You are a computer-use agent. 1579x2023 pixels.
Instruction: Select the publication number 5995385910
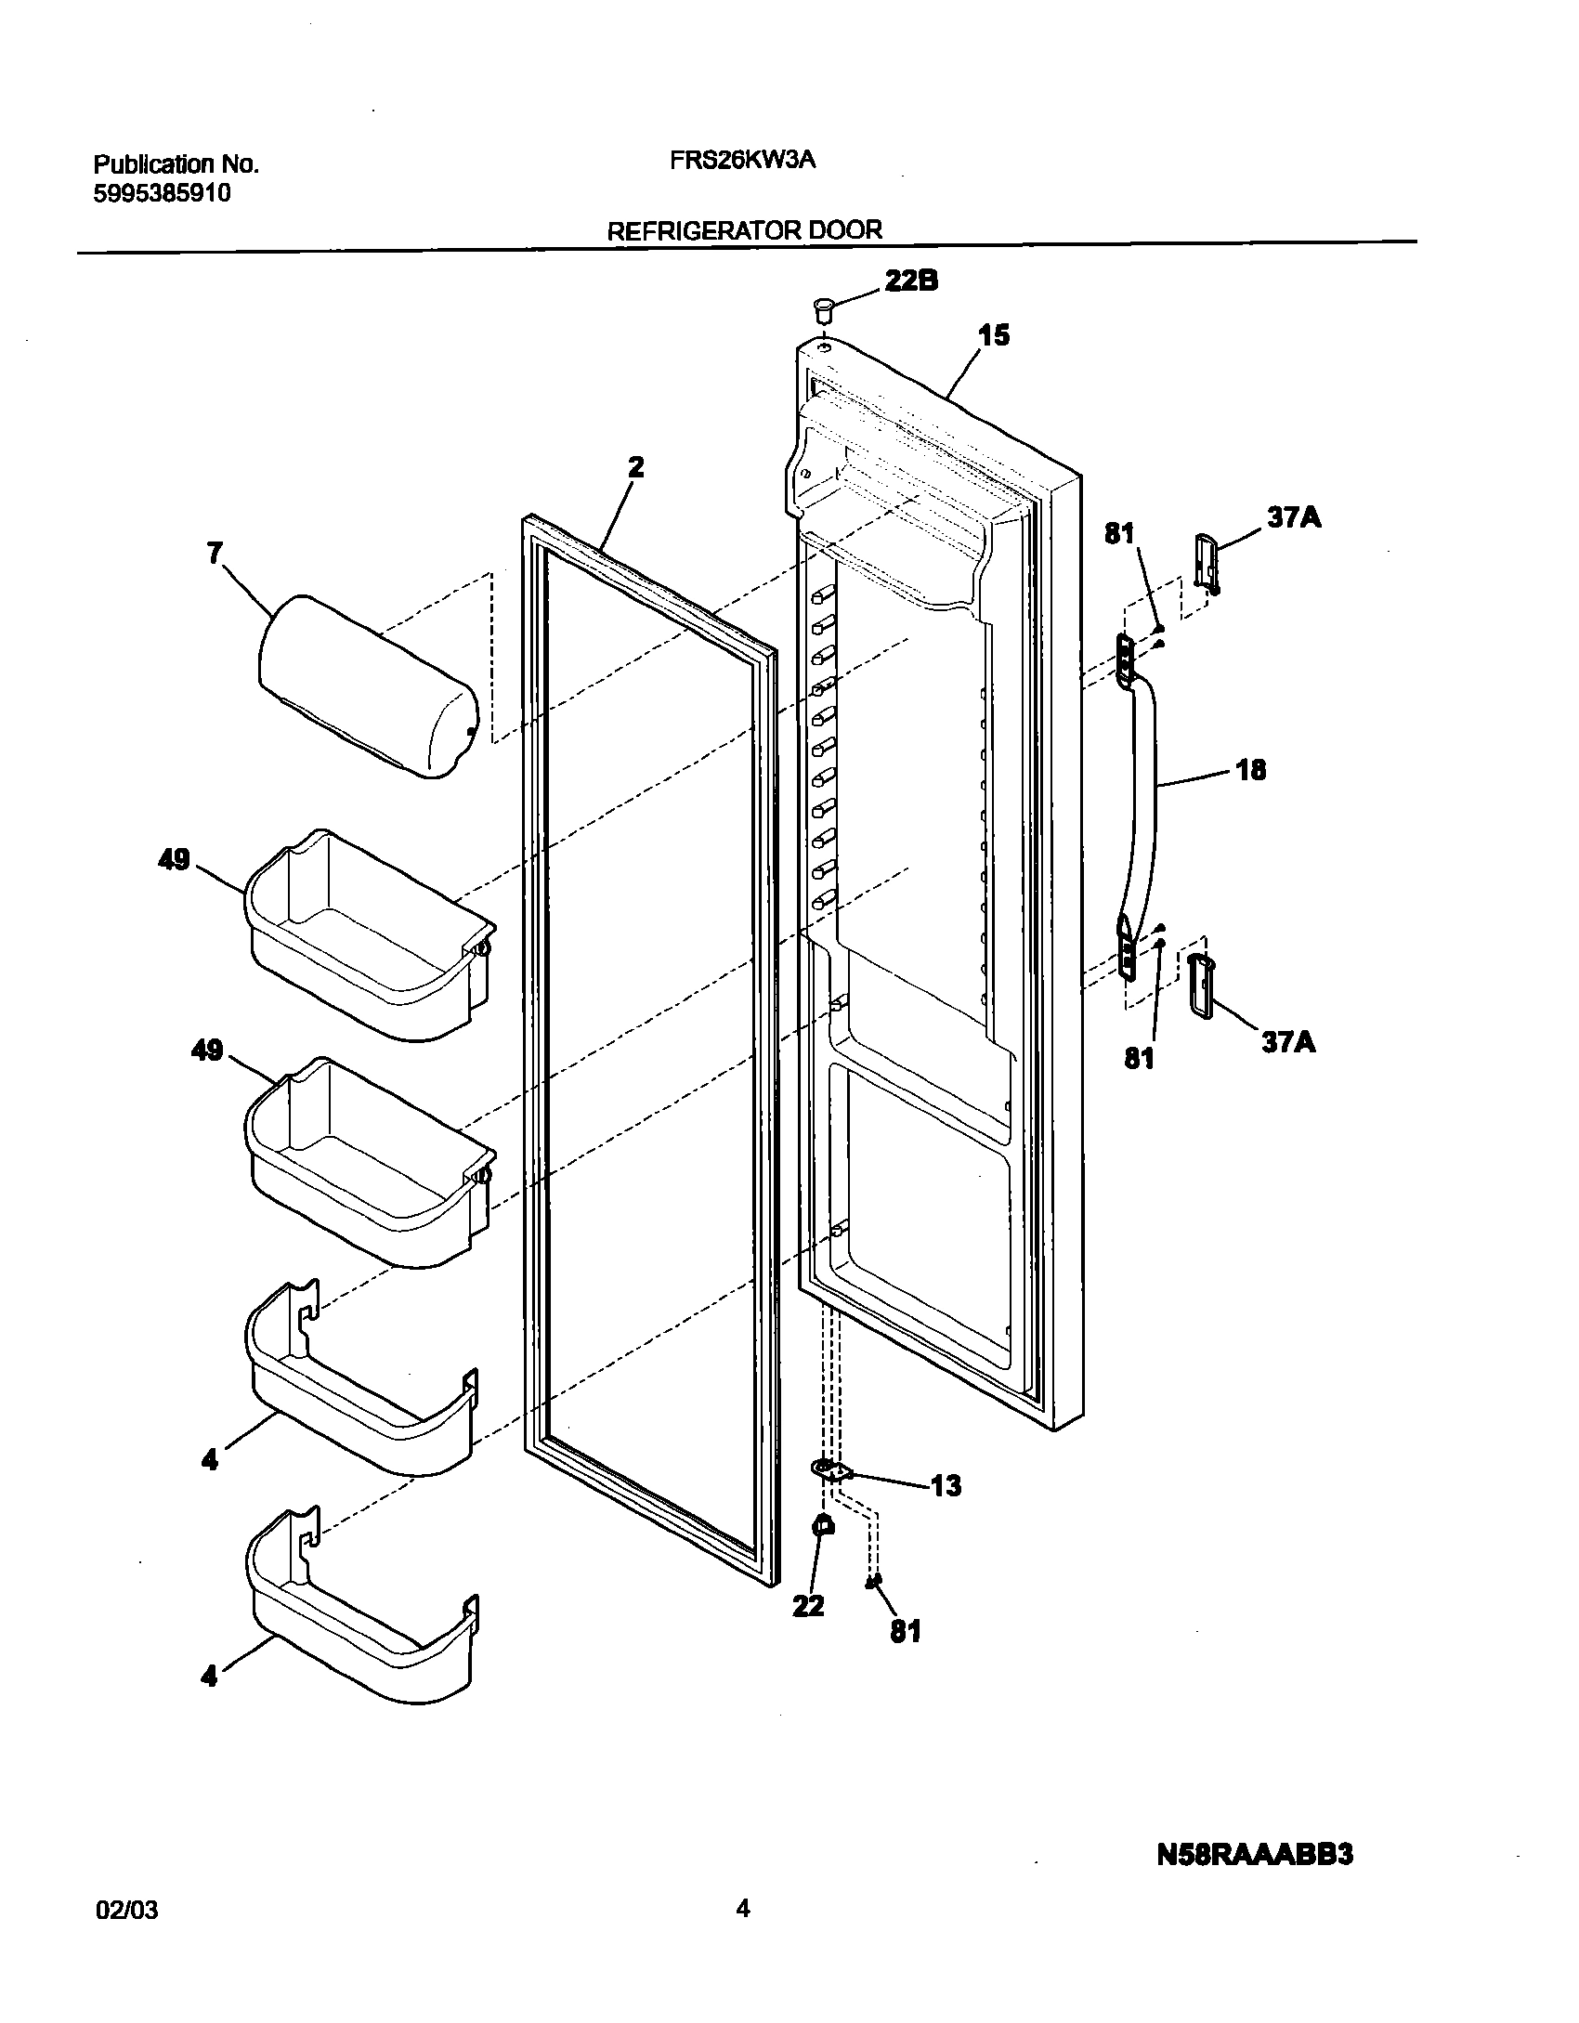coord(163,193)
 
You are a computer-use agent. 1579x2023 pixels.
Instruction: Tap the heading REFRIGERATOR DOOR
coord(744,230)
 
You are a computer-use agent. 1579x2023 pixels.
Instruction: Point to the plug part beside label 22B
coord(823,308)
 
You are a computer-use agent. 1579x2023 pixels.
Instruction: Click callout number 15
coord(994,336)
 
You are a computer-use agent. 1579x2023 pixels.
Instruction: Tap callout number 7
coord(215,554)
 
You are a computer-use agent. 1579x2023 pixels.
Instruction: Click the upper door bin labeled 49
coord(369,938)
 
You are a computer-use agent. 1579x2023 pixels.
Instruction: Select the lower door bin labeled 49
coord(369,1166)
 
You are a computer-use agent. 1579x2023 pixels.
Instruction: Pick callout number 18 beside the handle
coord(1251,770)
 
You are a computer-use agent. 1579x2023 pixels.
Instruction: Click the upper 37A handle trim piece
coord(1205,562)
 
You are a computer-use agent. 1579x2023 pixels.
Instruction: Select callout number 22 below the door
coord(808,1605)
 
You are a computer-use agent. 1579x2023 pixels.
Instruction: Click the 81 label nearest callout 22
coord(906,1631)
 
